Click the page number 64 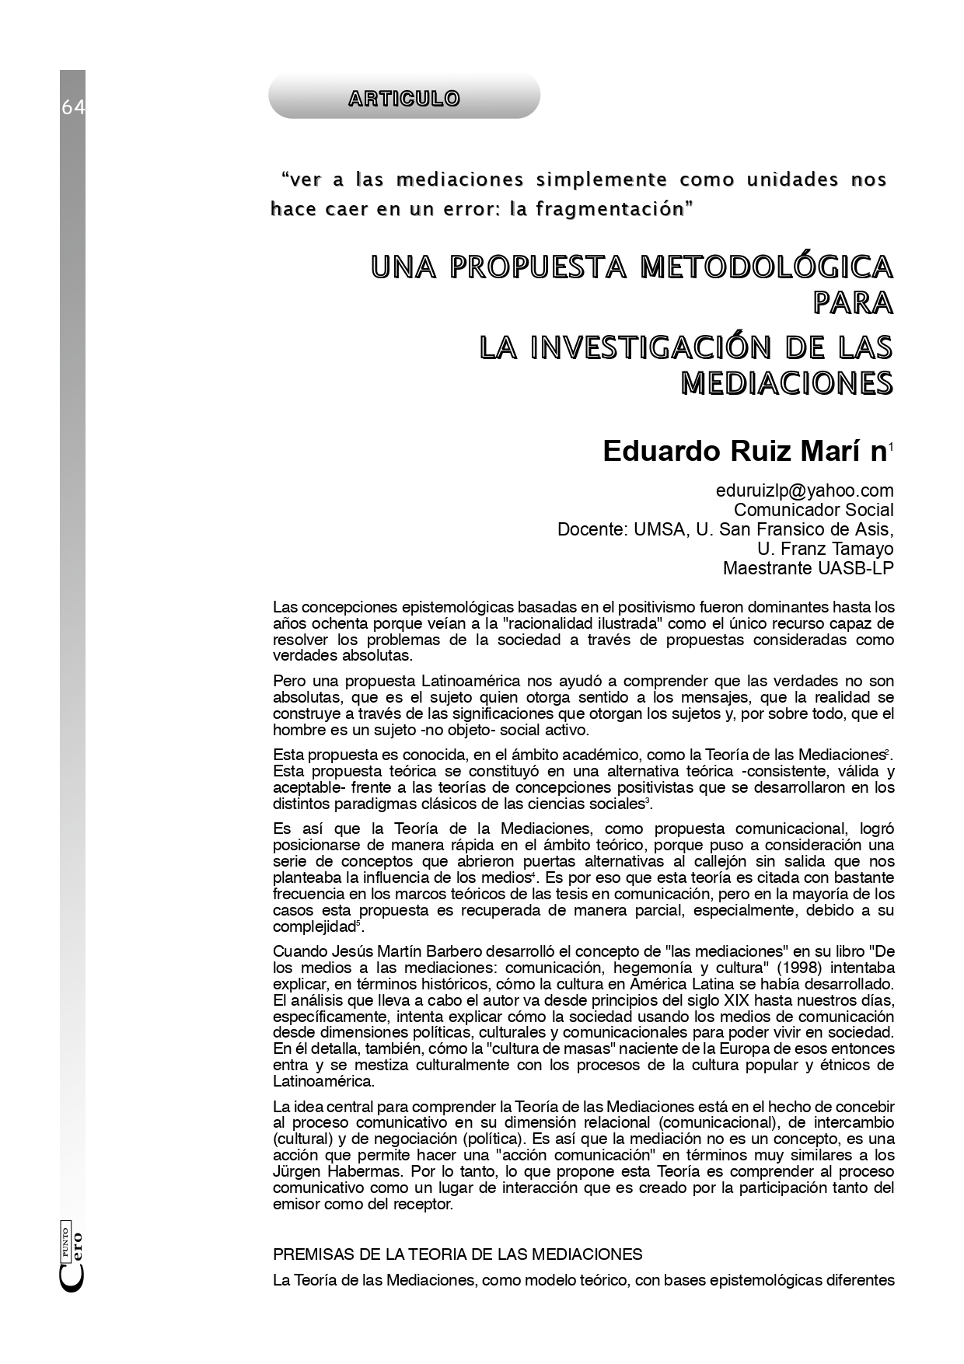(73, 108)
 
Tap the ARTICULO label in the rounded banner (403, 99)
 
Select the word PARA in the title (853, 302)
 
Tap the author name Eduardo (662, 452)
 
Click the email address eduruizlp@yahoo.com (805, 491)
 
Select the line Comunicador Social (813, 511)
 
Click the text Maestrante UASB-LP (808, 568)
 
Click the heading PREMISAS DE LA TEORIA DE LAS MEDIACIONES (458, 1254)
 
